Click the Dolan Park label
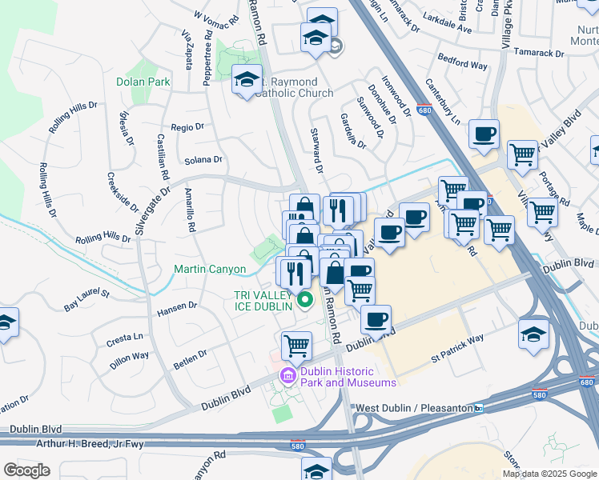[143, 82]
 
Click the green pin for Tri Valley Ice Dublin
[304, 301]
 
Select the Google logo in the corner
[26, 470]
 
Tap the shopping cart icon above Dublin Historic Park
[296, 346]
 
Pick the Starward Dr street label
[316, 153]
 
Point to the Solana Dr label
[202, 160]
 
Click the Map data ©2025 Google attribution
[549, 474]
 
